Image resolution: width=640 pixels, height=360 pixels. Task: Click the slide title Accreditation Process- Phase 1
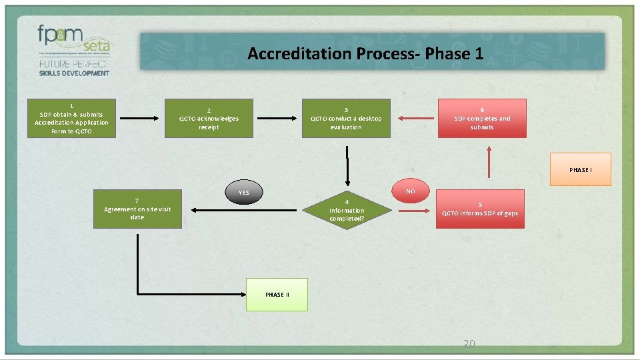365,53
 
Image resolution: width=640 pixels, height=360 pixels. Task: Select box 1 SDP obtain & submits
71,118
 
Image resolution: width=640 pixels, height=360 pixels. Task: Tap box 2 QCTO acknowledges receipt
209,118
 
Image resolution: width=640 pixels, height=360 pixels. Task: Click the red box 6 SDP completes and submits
481,118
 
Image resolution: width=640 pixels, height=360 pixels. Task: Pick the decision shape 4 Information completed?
346,210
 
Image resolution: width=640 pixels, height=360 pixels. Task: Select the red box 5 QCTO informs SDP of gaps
480,209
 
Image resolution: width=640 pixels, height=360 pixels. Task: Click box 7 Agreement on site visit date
137,209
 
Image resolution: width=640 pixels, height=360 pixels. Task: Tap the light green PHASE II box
277,295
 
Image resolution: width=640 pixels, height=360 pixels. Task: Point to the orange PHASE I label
579,170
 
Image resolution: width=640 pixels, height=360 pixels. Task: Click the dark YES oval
244,193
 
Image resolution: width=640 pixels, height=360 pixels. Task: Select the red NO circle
410,191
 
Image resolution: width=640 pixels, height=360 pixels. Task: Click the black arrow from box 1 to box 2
140,119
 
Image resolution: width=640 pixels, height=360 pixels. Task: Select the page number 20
469,343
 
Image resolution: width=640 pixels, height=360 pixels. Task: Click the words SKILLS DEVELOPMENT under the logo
74,73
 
